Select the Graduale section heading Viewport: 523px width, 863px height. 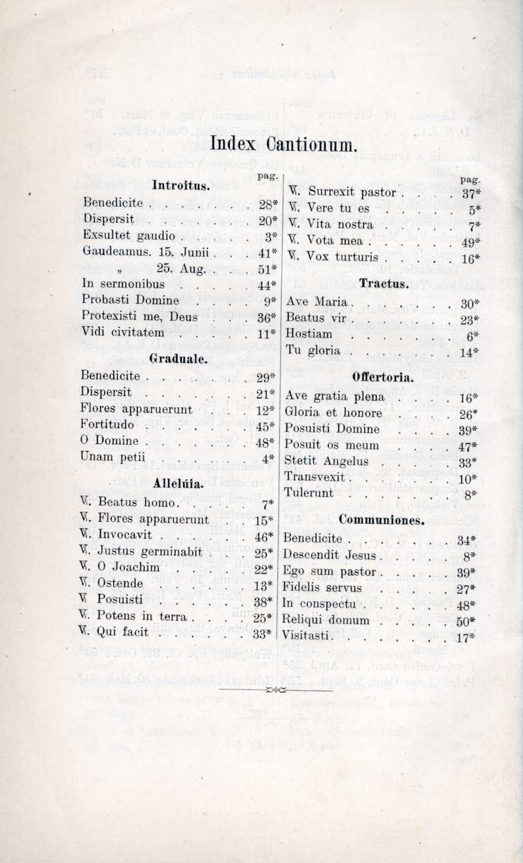(x=178, y=358)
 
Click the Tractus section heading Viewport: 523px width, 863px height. (x=384, y=283)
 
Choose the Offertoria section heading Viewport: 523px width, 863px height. (x=383, y=377)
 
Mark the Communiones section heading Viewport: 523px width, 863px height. (x=382, y=521)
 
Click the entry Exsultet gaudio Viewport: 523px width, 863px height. (x=129, y=235)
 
